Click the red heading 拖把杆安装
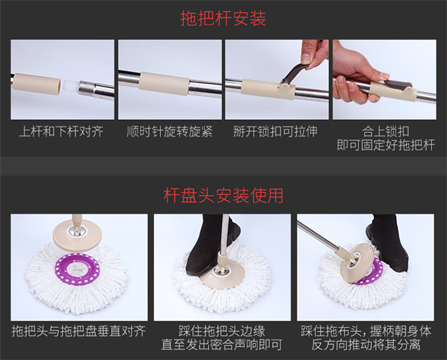coord(223,18)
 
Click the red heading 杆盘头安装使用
coord(223,196)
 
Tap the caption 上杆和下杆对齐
coord(61,131)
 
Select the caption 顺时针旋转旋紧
coord(170,131)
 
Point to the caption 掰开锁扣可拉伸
coord(275,131)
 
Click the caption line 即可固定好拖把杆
coord(386,145)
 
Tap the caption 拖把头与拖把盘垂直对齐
coord(79,331)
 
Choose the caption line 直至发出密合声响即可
coord(222,344)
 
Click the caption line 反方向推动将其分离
coord(366,344)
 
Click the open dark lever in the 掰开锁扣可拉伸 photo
coord(295,74)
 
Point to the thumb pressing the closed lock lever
coord(375,77)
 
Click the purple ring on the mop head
coord(78,269)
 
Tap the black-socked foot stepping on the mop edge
coord(212,245)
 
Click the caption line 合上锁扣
coord(386,131)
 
